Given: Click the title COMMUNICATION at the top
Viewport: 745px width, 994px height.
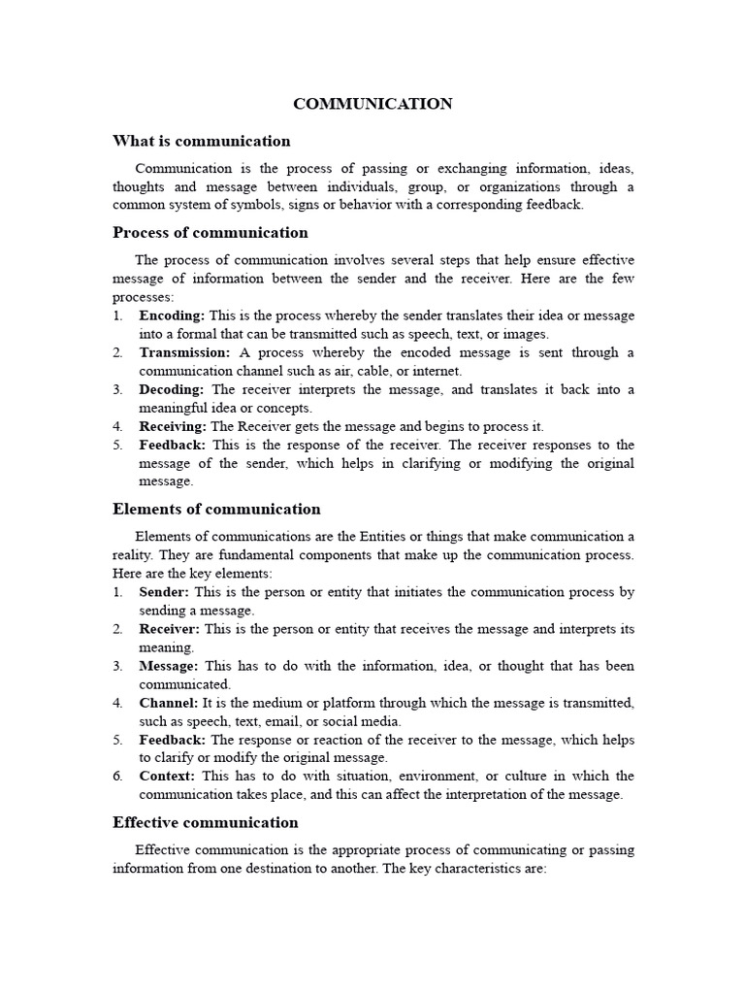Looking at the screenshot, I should [373, 104].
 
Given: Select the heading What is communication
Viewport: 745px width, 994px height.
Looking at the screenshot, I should [202, 141].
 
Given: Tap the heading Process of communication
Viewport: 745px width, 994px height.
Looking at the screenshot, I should [211, 233].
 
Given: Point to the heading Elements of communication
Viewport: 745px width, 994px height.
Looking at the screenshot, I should [216, 509].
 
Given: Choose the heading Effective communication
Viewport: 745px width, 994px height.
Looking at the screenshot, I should [206, 822].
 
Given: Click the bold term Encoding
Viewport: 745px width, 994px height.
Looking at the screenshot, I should [172, 315].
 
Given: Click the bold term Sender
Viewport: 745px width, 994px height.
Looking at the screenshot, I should [164, 591].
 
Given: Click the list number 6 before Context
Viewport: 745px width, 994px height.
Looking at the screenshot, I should [117, 776].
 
